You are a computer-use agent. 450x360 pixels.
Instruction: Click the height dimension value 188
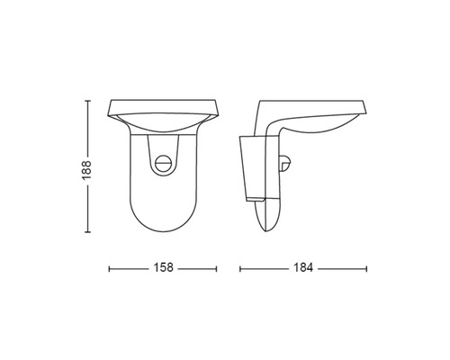pyautogui.click(x=86, y=170)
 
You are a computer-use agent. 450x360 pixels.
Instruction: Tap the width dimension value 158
pyautogui.click(x=163, y=267)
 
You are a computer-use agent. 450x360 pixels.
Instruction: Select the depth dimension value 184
pyautogui.click(x=303, y=267)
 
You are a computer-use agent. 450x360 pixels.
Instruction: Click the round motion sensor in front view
pyautogui.click(x=163, y=164)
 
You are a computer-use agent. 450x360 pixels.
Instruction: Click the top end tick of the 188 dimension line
pyautogui.click(x=87, y=101)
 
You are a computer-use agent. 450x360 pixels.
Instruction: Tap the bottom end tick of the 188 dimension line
pyautogui.click(x=87, y=232)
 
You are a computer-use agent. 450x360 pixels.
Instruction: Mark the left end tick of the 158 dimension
pyautogui.click(x=109, y=269)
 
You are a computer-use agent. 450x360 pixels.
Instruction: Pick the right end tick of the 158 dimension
pyautogui.click(x=216, y=269)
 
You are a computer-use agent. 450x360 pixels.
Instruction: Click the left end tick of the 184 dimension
pyautogui.click(x=240, y=269)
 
